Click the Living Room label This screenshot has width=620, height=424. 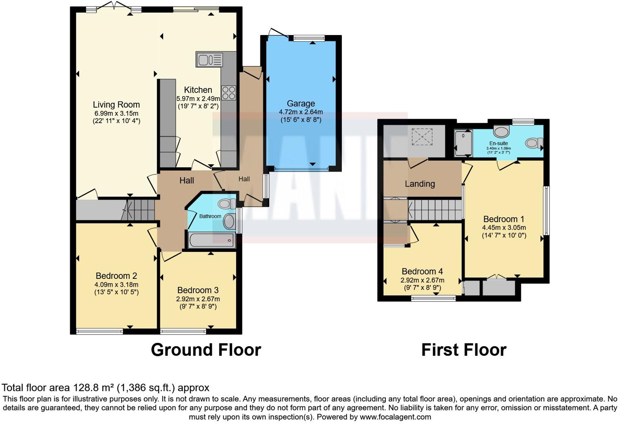116,105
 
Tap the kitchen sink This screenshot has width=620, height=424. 209,60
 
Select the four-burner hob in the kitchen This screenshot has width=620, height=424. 229,93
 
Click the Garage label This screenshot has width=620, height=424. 301,104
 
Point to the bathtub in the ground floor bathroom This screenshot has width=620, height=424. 212,240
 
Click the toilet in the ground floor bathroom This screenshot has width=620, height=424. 226,203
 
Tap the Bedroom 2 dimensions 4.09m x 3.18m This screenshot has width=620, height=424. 116,285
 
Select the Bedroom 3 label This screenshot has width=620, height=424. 198,290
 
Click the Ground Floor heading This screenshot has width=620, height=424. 206,350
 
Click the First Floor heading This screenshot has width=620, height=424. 464,350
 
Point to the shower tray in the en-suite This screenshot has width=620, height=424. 464,143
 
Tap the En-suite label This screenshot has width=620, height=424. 498,144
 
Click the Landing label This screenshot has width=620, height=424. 420,184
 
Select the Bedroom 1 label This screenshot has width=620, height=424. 504,219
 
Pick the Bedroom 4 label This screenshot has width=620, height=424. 422,272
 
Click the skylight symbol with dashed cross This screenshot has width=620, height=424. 422,137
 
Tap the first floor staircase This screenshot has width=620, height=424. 435,209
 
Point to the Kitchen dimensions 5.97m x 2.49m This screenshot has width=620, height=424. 198,99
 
